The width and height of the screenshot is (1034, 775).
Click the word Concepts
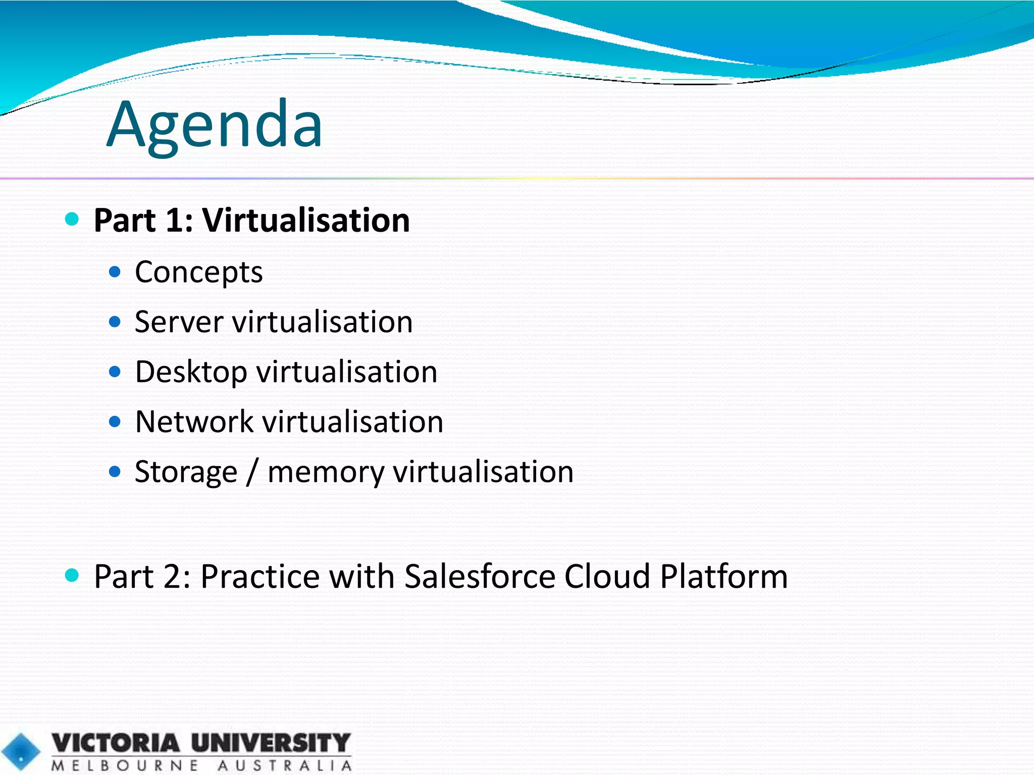198,272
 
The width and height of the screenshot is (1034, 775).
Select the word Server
179,322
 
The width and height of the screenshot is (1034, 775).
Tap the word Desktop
191,372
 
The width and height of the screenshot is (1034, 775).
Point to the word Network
194,421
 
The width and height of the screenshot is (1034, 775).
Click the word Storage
186,472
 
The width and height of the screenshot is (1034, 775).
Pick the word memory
326,472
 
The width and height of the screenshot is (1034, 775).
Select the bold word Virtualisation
306,220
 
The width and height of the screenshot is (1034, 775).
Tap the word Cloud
607,576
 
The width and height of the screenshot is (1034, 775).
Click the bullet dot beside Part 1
72,219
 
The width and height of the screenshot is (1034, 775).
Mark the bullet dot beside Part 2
72,575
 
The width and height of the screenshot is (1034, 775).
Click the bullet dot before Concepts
115,272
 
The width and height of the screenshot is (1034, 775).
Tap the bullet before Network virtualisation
115,421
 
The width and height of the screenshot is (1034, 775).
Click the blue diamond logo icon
21,752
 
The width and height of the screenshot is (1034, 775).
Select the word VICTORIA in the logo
116,743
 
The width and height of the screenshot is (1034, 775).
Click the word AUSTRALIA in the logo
285,765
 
